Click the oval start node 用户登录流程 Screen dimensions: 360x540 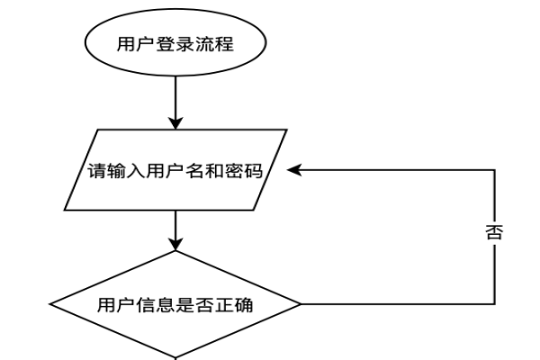(175, 43)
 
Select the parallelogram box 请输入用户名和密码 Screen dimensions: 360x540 (175, 171)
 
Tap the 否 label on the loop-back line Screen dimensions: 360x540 (493, 233)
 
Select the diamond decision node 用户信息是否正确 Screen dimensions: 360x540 (175, 304)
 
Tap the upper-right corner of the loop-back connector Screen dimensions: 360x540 (494, 170)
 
